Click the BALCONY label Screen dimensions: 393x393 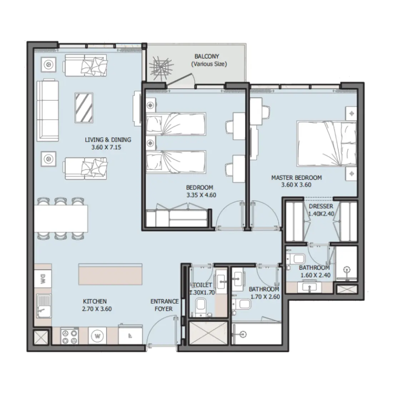click(x=207, y=56)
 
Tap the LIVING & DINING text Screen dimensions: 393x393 click(x=108, y=140)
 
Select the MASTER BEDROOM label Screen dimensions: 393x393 click(x=296, y=178)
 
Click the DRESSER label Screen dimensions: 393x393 click(x=321, y=207)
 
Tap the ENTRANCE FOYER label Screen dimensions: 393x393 click(x=164, y=305)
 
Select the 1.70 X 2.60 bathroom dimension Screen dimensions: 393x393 click(x=264, y=297)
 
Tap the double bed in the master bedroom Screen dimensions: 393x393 click(x=326, y=144)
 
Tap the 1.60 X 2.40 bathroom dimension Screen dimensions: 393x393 click(x=314, y=275)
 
